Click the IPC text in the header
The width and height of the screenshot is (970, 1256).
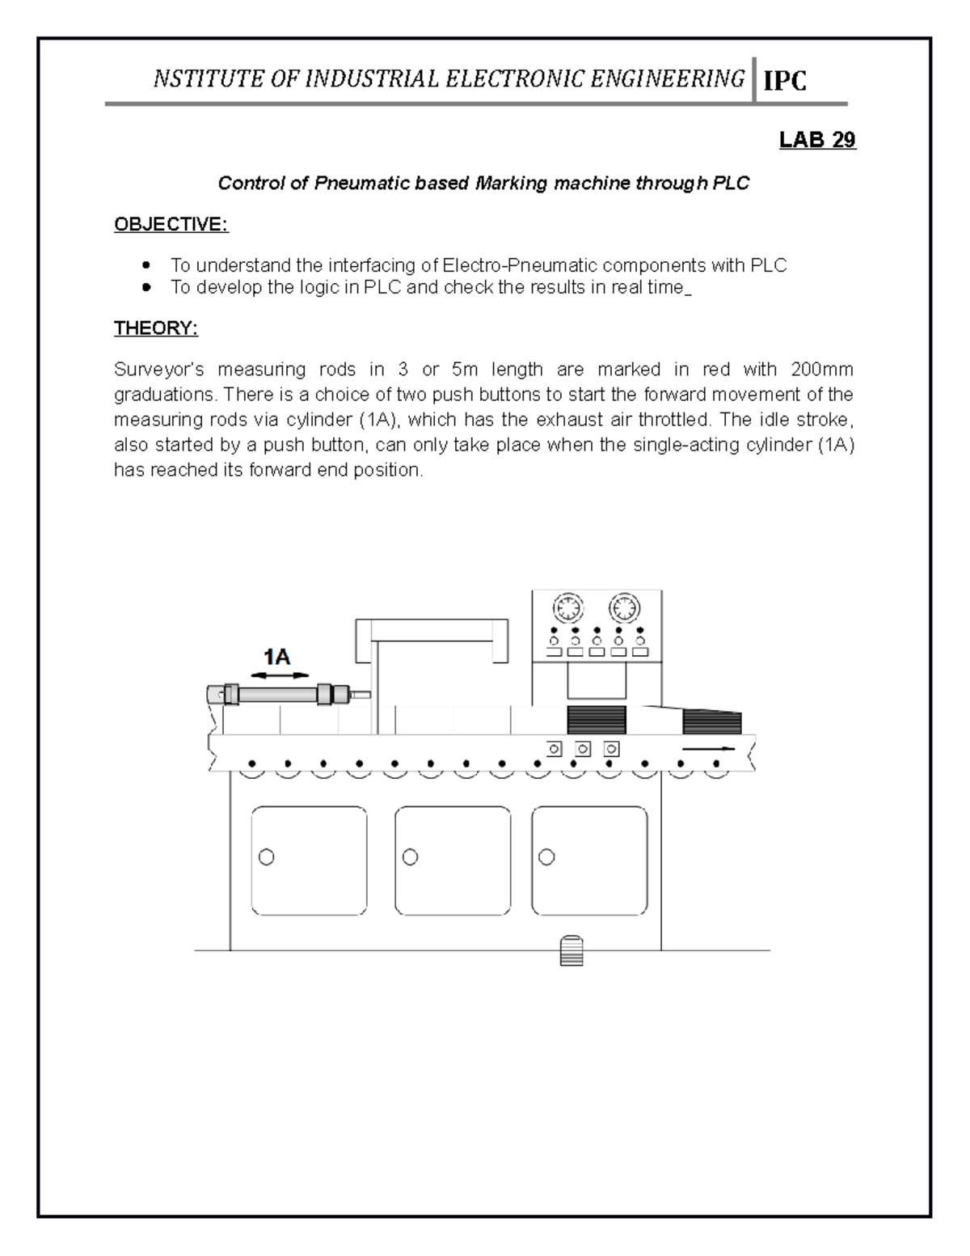[785, 80]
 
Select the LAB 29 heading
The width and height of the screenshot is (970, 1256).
[816, 140]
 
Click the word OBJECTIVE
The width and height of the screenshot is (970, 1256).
[171, 224]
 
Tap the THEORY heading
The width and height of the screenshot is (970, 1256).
[155, 328]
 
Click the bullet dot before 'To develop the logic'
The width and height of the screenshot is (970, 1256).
[145, 287]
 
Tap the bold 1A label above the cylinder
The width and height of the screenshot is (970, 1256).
[277, 656]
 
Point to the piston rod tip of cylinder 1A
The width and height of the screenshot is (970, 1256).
[365, 694]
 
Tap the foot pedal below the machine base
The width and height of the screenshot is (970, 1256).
[571, 950]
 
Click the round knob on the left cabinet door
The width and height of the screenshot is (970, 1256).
[266, 856]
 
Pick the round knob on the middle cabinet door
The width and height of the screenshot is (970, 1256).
[410, 856]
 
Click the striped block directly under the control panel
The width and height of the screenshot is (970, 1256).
[597, 718]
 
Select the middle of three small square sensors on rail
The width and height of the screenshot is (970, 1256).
[583, 748]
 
